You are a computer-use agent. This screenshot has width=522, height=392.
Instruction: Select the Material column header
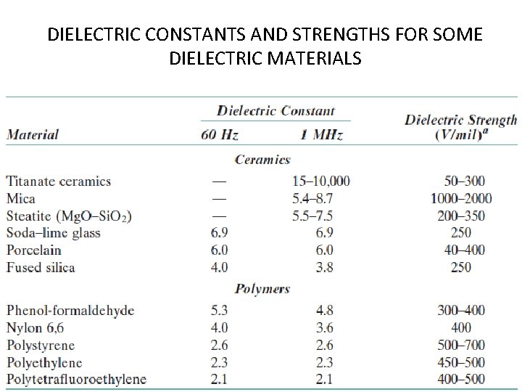(x=33, y=134)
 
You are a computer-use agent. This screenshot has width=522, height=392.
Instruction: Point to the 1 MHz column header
(x=320, y=134)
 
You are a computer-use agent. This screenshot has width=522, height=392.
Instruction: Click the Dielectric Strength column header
(x=460, y=127)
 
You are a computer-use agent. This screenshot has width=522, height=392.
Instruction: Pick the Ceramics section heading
(x=262, y=160)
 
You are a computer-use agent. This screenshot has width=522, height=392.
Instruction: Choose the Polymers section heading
(x=262, y=289)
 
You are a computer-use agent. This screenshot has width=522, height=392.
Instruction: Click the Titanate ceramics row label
(x=59, y=181)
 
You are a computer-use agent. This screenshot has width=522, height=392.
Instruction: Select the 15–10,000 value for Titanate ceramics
(x=320, y=181)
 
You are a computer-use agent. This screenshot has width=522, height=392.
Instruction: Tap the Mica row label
(x=20, y=198)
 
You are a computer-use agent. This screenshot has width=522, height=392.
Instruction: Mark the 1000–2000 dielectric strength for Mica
(x=460, y=198)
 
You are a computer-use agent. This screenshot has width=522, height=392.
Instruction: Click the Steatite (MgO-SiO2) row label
(x=69, y=216)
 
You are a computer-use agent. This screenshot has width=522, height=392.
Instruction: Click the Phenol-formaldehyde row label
(x=70, y=311)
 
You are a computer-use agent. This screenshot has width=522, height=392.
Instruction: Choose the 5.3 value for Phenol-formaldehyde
(x=219, y=311)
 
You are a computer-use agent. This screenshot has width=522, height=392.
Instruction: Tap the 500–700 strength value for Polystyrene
(x=460, y=345)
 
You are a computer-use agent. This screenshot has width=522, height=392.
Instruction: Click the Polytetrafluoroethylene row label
(x=76, y=379)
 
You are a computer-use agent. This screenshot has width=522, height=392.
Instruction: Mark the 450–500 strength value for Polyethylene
(x=460, y=362)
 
